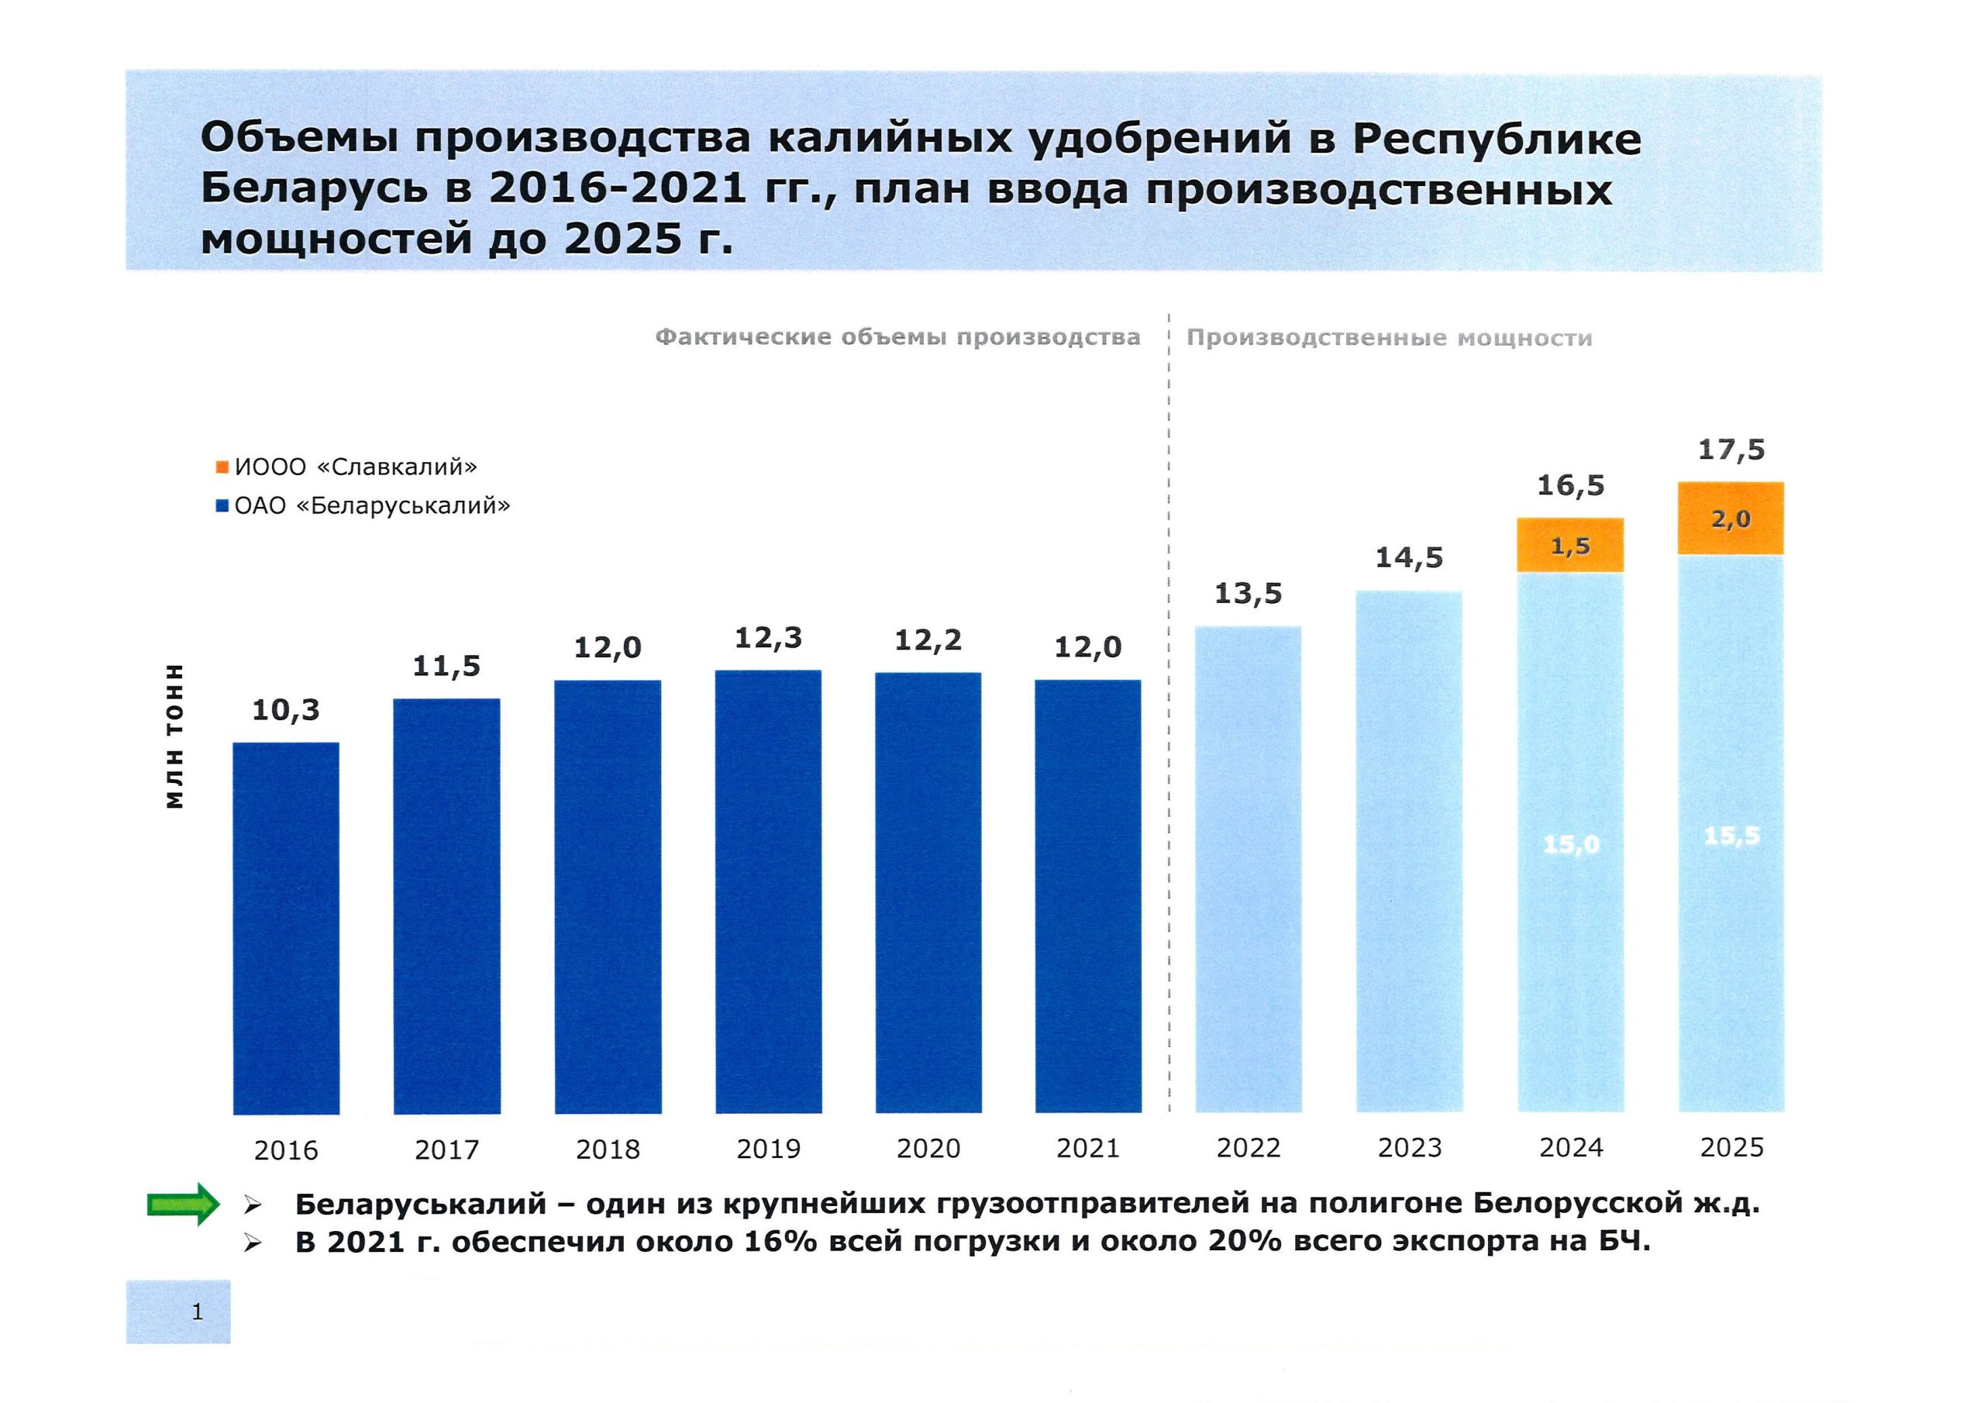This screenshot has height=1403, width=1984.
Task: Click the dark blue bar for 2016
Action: [286, 928]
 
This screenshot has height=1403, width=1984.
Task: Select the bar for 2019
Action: [768, 891]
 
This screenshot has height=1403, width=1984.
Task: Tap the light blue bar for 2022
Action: [1248, 869]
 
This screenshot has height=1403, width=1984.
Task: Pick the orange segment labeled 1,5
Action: [1570, 546]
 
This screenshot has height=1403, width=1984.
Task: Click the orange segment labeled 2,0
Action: [1731, 519]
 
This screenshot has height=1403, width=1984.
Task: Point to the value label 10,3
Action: [286, 711]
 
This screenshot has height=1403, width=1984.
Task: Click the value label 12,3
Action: [768, 639]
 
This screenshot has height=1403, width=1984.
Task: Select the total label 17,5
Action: [1731, 450]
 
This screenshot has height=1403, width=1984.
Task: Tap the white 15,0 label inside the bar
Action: [1571, 843]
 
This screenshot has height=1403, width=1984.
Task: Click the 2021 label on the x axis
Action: [1088, 1149]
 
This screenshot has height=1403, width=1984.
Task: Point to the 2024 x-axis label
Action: [1570, 1148]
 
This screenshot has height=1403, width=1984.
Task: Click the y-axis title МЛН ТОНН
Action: [175, 736]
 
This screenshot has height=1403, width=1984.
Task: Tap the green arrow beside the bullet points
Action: [183, 1204]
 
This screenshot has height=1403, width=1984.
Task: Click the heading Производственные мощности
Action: [1389, 338]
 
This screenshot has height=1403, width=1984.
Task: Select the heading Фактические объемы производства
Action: [897, 337]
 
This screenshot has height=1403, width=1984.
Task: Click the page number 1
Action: [197, 1312]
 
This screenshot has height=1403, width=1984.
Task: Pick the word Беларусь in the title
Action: [314, 189]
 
